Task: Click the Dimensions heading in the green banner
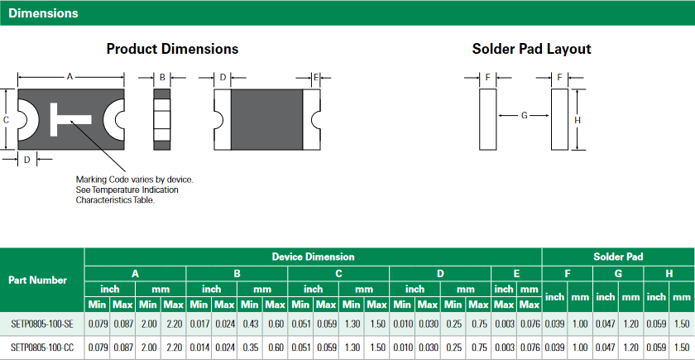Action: (44, 13)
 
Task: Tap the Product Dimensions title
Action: (172, 49)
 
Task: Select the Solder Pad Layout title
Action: (531, 49)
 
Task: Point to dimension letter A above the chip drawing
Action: (70, 77)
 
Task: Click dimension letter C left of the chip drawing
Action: (6, 120)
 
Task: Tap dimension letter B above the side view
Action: (162, 77)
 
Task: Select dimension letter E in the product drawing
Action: (315, 77)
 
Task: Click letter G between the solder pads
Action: (524, 115)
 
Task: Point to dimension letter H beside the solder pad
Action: (577, 120)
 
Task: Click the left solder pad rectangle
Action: (487, 119)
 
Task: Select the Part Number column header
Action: (37, 280)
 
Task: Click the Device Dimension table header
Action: (313, 257)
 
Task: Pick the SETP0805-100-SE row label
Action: (41, 324)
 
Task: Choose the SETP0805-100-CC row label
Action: (41, 348)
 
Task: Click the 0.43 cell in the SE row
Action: (250, 324)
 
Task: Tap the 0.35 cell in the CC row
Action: (250, 348)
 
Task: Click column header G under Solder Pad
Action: (617, 273)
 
